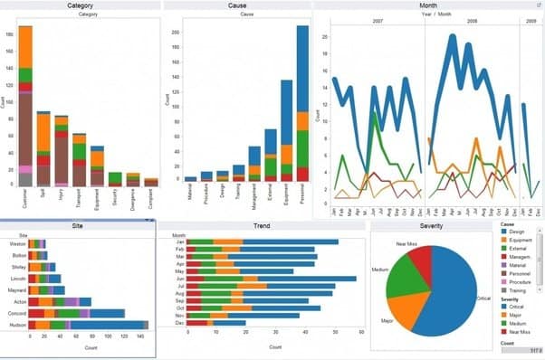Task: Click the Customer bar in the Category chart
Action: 25,109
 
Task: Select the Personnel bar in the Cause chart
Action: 302,109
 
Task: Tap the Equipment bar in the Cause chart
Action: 286,136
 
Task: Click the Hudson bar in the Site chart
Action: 86,325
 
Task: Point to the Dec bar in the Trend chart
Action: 217,322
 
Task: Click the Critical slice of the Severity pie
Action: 448,289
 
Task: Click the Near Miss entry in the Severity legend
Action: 521,332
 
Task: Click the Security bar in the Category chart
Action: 115,179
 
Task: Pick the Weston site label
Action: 16,243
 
